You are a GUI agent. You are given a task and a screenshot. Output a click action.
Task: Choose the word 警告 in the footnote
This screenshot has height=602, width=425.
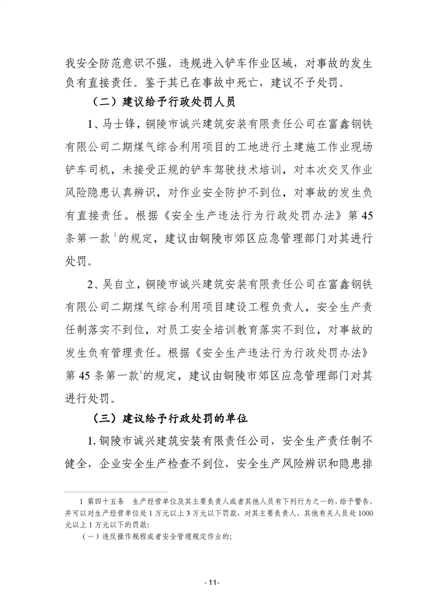click(x=357, y=502)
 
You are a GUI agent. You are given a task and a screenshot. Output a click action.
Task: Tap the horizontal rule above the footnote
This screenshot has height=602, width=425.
click(x=115, y=491)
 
